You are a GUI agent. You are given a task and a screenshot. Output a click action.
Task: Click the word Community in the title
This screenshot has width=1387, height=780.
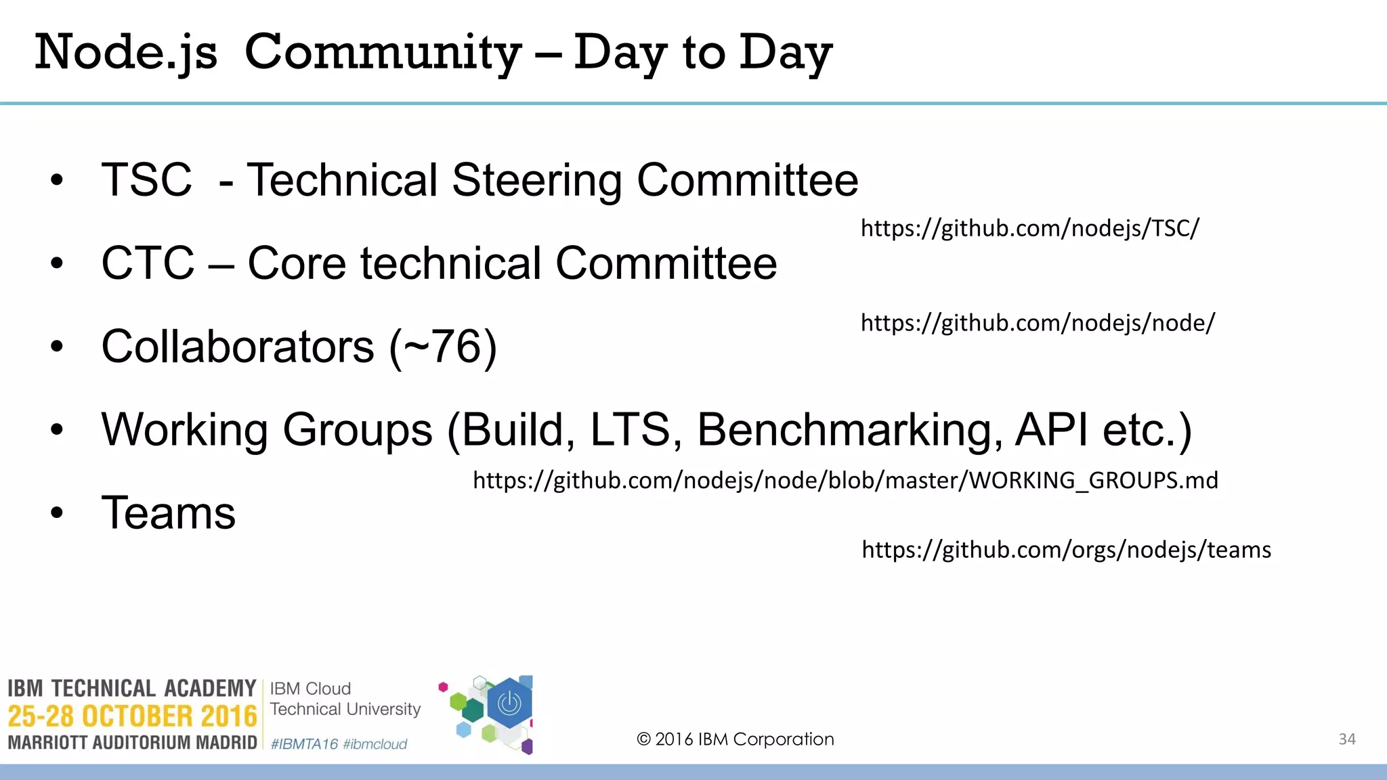coord(383,53)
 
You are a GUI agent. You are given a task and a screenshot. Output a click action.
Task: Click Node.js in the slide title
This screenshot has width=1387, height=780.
coord(126,53)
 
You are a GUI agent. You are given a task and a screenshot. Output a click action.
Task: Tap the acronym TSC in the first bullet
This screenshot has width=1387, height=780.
coord(147,180)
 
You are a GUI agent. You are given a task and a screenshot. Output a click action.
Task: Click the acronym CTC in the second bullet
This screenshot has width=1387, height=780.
coord(148,263)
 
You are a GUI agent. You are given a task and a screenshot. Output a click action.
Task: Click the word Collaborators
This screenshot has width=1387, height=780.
coord(237,347)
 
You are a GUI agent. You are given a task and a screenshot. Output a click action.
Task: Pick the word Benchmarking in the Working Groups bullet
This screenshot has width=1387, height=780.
coord(850,429)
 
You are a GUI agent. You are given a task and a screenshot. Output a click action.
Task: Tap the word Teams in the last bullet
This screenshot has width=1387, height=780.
coord(169,513)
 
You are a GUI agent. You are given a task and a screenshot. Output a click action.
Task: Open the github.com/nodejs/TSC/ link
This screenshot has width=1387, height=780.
coord(1029,229)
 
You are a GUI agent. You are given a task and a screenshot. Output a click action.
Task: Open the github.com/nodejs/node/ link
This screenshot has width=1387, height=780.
coord(1038,323)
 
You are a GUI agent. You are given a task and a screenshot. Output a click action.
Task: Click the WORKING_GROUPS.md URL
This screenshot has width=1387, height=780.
coord(845,481)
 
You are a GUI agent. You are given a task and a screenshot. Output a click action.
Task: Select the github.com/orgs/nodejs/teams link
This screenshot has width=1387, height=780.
coord(1066,550)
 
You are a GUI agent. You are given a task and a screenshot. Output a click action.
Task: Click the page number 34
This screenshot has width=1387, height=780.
coord(1346,739)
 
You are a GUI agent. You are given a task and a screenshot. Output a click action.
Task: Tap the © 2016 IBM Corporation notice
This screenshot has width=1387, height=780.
coord(735,739)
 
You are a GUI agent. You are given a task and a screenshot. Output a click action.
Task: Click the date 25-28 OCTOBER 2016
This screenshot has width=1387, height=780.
coord(132,716)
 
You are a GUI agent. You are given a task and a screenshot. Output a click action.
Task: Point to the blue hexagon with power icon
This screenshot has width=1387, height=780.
coord(509,704)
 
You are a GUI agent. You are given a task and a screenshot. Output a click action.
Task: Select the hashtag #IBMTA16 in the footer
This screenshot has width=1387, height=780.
coord(304,744)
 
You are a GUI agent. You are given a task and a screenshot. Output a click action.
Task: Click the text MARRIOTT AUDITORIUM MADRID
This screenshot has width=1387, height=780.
coord(132,743)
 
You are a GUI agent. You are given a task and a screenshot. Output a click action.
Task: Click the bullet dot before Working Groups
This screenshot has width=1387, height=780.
coord(57,429)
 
